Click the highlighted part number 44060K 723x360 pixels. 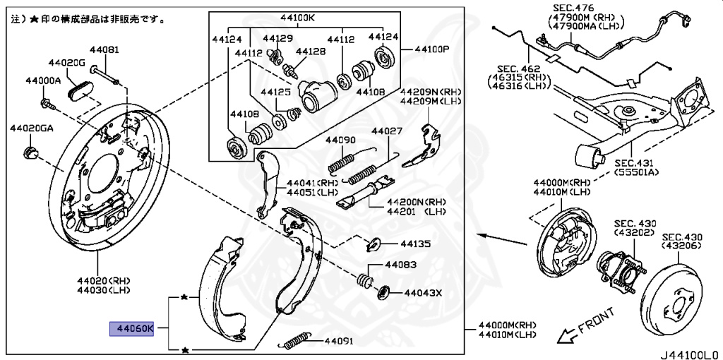[131, 328]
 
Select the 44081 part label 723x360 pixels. [104, 50]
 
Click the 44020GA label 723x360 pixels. [31, 128]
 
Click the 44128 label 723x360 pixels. [311, 52]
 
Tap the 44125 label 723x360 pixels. [275, 92]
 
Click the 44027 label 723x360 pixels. [387, 131]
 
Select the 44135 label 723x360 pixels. [415, 244]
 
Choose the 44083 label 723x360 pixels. [400, 265]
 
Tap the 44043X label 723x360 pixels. [422, 292]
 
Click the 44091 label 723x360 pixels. [340, 342]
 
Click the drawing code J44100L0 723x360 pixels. [689, 350]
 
